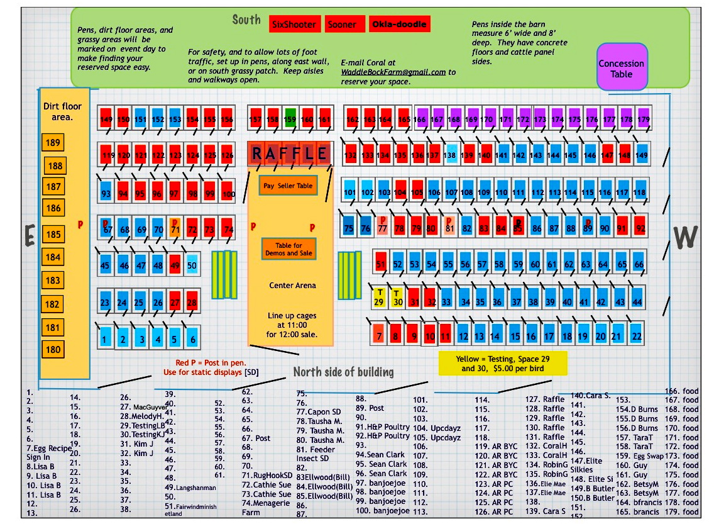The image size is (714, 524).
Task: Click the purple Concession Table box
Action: pyautogui.click(x=621, y=68)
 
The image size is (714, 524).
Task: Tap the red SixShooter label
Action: pyautogui.click(x=295, y=25)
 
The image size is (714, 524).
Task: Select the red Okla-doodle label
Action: pyautogui.click(x=399, y=25)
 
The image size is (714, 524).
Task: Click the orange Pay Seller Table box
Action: pyautogui.click(x=288, y=186)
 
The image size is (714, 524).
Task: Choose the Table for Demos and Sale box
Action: pyautogui.click(x=288, y=249)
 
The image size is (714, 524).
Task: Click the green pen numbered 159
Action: pyautogui.click(x=290, y=118)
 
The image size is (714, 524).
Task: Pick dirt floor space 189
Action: pyautogui.click(x=53, y=143)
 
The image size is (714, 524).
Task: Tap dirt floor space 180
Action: pyautogui.click(x=53, y=350)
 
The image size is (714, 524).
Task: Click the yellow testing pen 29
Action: pyautogui.click(x=379, y=297)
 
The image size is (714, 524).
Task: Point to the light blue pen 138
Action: pyautogui.click(x=449, y=155)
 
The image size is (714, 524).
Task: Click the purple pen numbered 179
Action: pyautogui.click(x=643, y=118)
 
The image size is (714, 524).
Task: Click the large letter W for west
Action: pyautogui.click(x=685, y=237)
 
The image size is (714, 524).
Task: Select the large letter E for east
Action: pyautogui.click(x=29, y=237)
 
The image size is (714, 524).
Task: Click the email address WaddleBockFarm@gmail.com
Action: pyautogui.click(x=393, y=72)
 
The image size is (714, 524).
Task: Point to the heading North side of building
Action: pyautogui.click(x=343, y=372)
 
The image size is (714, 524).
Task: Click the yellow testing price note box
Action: pyautogui.click(x=502, y=364)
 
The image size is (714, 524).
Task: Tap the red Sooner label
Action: pyautogui.click(x=342, y=25)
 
